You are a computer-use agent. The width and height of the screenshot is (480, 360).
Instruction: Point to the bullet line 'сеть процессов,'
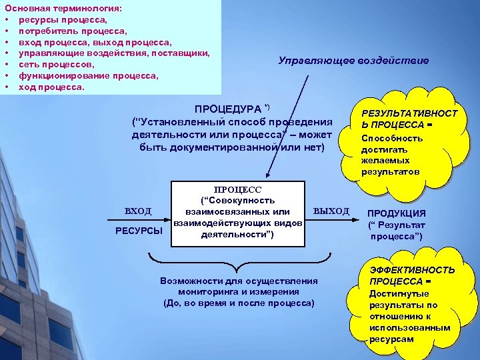pos(56,65)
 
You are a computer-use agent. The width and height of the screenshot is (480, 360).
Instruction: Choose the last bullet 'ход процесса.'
pos(51,87)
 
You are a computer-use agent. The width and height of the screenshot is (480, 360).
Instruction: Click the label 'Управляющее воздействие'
pos(353,61)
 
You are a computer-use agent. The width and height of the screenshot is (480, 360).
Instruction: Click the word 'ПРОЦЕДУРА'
pos(227,109)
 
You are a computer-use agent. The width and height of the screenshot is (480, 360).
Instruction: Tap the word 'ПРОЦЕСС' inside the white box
pos(237,189)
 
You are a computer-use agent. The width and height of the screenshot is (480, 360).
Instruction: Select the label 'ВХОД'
pos(139,211)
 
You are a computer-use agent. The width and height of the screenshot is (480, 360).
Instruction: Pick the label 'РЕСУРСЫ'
pos(139,231)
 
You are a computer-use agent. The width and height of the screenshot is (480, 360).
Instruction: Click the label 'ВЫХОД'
pos(331,211)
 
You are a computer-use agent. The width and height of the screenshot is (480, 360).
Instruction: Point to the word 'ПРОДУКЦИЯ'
pos(397,213)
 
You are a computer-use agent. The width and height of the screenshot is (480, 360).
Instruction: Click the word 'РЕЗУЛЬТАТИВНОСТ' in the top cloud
pos(409,115)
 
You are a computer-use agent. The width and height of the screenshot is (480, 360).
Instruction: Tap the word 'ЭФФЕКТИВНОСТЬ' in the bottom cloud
pos(413,270)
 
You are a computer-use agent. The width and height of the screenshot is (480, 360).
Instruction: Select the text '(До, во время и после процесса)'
pos(238,303)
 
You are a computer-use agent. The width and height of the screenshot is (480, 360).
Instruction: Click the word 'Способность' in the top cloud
pos(392,138)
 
